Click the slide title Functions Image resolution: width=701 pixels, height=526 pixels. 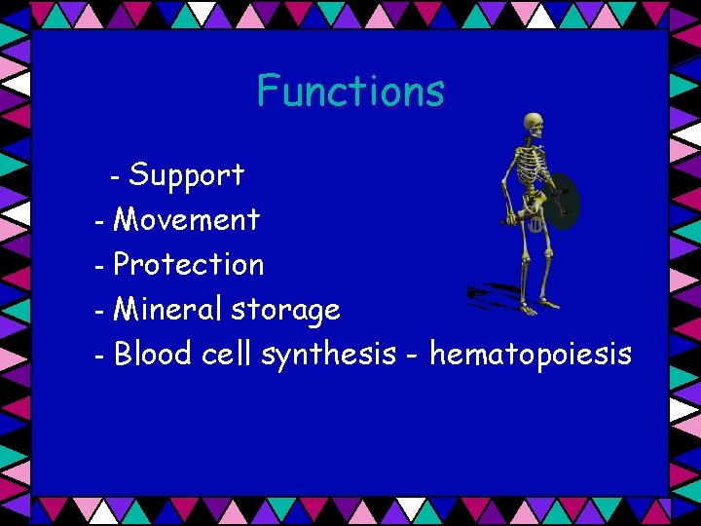pos(350,92)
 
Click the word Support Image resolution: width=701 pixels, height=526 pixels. pos(186,175)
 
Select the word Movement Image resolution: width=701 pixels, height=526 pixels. pos(186,220)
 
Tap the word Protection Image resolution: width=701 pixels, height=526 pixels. pos(189,264)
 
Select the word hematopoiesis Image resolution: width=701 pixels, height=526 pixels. pos(530,356)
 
